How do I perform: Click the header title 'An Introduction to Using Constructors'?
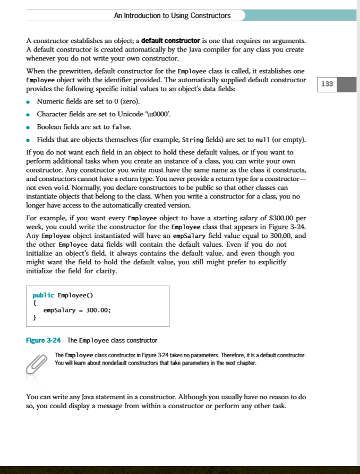tap(172, 15)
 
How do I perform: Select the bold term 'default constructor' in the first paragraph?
tap(170, 41)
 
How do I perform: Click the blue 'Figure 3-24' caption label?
tap(44, 340)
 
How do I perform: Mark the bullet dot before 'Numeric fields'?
tap(29, 101)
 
